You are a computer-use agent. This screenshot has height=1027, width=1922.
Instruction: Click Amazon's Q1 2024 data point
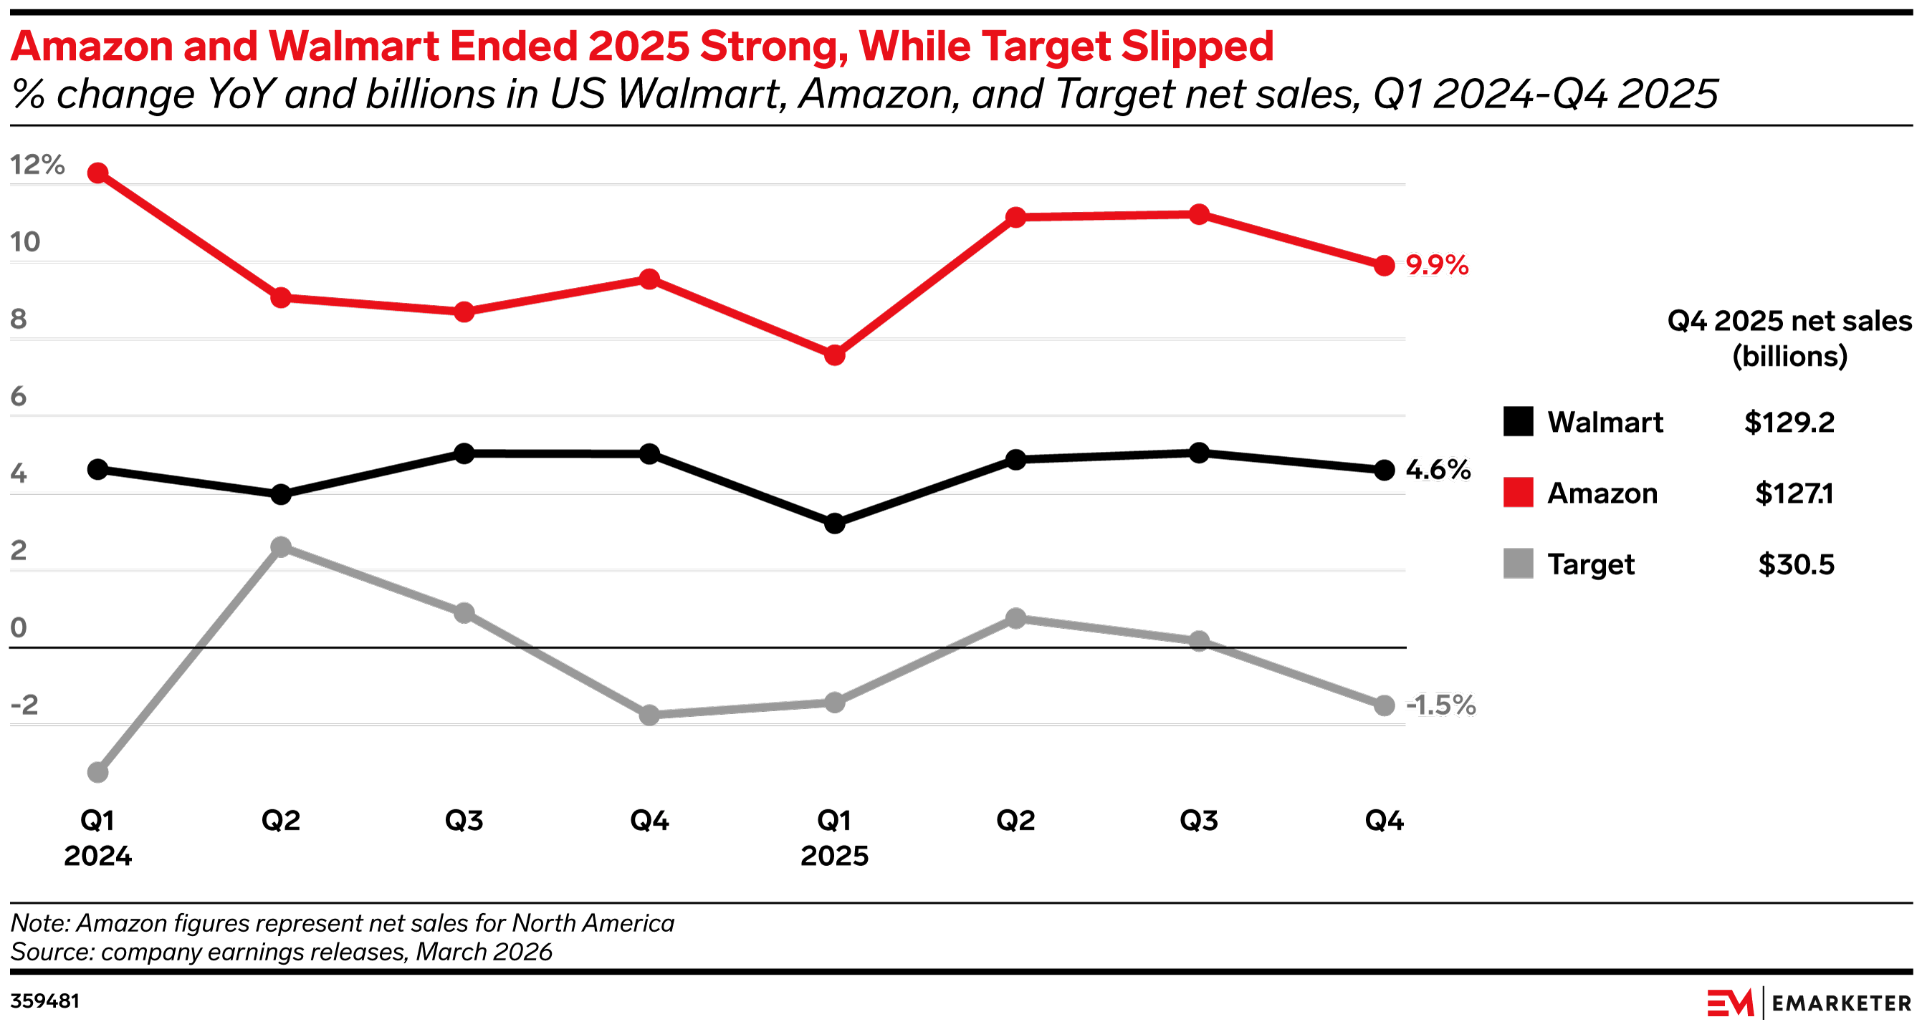(97, 173)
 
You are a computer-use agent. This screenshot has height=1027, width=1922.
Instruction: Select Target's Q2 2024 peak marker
(280, 546)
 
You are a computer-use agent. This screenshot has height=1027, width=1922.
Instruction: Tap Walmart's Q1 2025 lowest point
(834, 524)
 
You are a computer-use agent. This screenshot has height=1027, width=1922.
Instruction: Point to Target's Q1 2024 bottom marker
(97, 772)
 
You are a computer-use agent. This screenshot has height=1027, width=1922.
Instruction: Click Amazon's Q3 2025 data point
(1198, 215)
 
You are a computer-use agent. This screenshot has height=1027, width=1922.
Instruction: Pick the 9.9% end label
(1436, 266)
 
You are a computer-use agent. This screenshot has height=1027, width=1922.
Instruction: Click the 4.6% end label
(1437, 470)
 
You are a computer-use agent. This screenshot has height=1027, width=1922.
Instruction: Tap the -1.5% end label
(1440, 705)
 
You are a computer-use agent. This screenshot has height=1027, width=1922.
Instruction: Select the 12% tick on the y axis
(37, 165)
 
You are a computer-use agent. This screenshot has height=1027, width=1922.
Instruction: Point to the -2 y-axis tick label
(24, 705)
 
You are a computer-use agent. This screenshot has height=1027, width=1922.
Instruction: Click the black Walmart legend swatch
(1518, 421)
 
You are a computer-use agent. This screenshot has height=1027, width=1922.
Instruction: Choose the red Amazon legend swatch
(1518, 492)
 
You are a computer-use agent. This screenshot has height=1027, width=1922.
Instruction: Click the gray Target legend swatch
(1518, 563)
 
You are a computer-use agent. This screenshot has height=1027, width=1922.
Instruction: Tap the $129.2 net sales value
(1789, 423)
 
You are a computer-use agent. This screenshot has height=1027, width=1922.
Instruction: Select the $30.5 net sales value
(1795, 564)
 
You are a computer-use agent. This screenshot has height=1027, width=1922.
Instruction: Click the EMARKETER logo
(1809, 1003)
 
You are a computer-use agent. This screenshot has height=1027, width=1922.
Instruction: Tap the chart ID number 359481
(44, 1001)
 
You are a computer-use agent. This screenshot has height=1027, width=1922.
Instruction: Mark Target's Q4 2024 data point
(649, 715)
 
